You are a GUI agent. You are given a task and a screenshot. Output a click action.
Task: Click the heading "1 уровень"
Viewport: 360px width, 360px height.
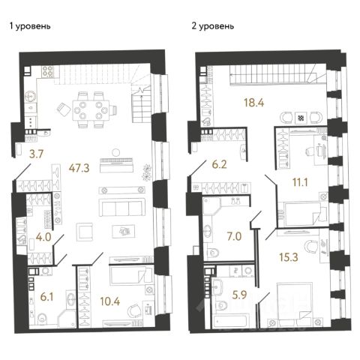30,26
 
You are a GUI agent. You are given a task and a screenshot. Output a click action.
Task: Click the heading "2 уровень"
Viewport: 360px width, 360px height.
213,26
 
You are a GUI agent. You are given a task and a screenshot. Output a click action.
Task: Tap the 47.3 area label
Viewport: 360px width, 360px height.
79,169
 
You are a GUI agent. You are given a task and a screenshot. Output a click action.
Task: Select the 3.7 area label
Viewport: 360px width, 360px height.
37,154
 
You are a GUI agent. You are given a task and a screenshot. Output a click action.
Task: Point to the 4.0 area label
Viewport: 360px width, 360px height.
43,237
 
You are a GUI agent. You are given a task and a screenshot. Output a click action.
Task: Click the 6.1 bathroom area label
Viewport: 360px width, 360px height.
46,297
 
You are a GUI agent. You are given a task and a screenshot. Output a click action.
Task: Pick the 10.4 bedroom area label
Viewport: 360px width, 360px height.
110,301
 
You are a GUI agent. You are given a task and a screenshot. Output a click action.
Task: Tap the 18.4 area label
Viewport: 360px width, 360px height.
254,103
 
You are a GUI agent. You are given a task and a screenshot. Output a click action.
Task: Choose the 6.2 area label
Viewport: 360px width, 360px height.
219,164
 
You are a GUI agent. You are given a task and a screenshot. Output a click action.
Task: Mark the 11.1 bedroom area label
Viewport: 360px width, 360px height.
300,182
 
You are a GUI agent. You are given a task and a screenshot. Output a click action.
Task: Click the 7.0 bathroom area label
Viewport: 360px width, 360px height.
234,236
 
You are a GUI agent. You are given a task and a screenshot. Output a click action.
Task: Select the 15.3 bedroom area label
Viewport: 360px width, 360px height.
289,257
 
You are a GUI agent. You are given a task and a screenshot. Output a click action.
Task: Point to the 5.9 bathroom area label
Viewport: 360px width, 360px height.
239,295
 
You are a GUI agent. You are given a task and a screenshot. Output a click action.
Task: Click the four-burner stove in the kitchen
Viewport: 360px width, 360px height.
48,71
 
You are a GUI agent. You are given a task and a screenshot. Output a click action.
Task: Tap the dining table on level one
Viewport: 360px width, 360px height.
91,110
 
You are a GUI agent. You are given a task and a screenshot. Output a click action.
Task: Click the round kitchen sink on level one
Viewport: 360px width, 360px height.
31,96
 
